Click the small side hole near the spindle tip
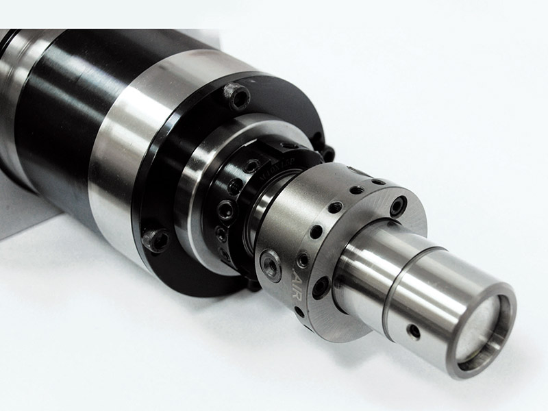414,331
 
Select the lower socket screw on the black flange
155,240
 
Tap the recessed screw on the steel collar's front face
398,206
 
